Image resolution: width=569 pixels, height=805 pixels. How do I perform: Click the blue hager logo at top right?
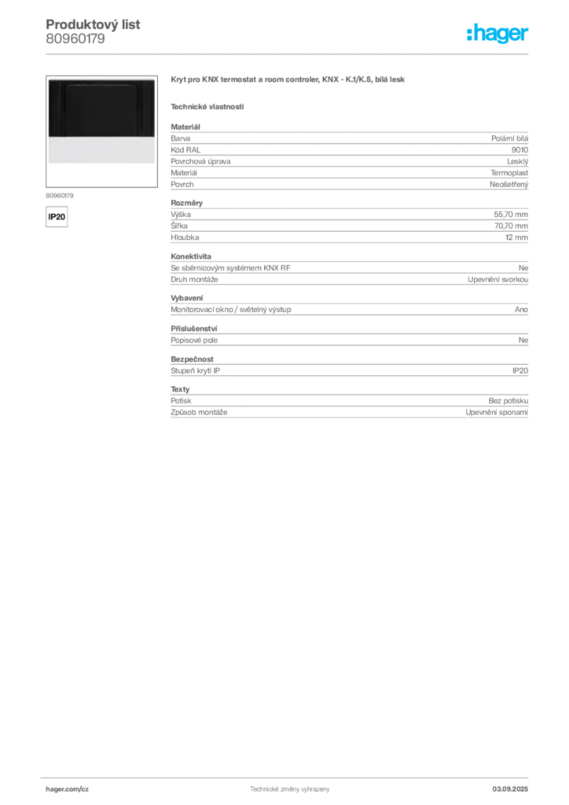[498, 34]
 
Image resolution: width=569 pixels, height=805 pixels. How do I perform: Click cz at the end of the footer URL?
[86, 788]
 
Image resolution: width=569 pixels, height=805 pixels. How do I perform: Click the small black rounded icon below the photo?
[56, 215]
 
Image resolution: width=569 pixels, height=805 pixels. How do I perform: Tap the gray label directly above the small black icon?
[60, 194]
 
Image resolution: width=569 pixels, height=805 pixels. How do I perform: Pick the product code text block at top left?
[94, 31]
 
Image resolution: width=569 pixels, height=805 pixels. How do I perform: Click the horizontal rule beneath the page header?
[288, 53]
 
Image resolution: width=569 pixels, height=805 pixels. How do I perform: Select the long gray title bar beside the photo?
[288, 81]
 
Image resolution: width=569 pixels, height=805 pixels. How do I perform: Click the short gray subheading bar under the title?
[207, 106]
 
